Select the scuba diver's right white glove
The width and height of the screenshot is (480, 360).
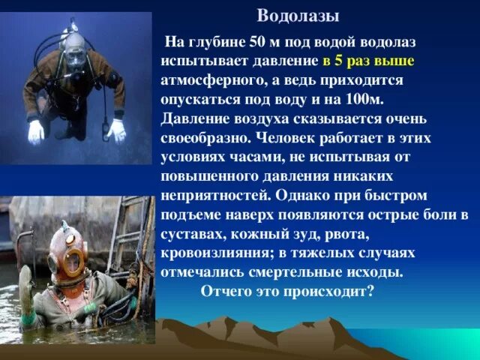pyautogui.click(x=37, y=131)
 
